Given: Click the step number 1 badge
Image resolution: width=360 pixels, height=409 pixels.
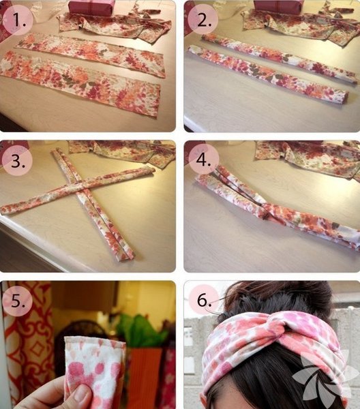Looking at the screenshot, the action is (x=18, y=20).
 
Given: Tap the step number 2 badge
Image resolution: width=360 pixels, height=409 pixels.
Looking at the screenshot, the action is (x=202, y=20).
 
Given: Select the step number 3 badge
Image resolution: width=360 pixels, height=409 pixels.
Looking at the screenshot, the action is (x=18, y=160).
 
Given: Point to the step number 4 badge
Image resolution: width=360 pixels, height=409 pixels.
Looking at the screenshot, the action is (x=202, y=160).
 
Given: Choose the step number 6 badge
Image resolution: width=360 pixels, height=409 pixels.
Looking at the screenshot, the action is (x=204, y=300).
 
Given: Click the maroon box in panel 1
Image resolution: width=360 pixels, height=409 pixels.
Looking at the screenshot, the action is (x=91, y=8).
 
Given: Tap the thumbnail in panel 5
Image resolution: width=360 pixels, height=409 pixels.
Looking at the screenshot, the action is (x=82, y=394).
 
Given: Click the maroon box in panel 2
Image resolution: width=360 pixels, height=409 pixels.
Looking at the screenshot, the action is (x=277, y=7).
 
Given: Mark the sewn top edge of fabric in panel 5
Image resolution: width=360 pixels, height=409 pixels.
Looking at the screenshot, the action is (x=95, y=341).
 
